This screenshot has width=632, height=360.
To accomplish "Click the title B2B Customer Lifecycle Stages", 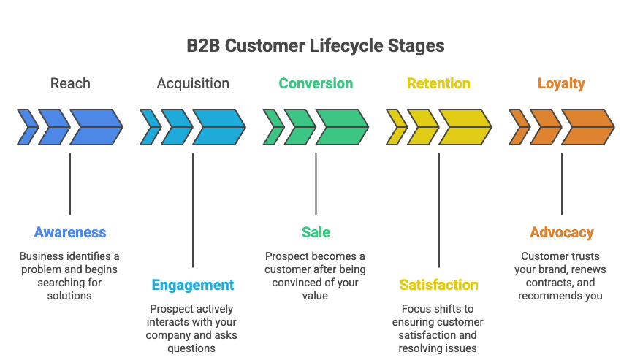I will point(316,45).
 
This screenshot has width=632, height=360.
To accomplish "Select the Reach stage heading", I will point(70,83).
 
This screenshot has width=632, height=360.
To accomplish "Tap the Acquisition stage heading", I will point(193,83).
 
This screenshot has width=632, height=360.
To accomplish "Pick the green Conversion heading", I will point(316,83).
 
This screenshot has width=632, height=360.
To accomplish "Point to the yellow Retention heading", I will point(438,83).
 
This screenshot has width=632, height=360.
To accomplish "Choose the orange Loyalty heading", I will point(561,83).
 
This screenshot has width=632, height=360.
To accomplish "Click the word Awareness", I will point(70,233).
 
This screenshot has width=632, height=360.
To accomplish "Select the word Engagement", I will point(193,285).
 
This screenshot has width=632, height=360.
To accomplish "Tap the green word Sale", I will point(316,233).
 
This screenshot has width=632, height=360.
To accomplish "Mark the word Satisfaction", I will point(438,285).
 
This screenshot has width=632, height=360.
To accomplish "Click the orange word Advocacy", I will point(561,233).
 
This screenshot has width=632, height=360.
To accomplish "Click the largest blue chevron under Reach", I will point(95,127).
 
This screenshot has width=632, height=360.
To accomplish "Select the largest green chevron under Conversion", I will point(340,127).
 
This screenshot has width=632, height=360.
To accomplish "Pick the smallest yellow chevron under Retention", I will point(395,127).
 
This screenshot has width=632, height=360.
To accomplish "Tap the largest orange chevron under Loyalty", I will point(586,127).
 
